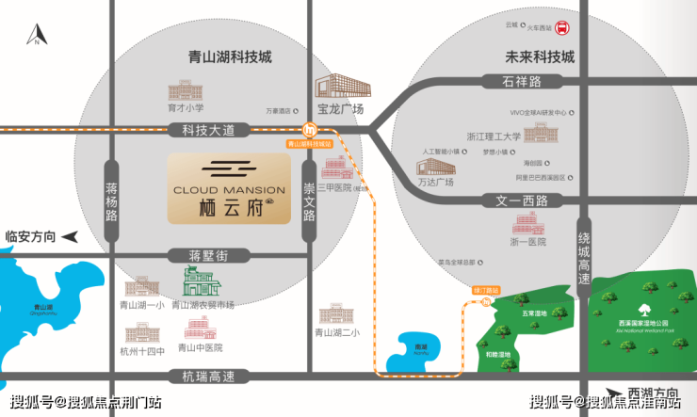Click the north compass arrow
click(36, 35)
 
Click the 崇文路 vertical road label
click(308, 200)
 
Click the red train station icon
click(562, 27)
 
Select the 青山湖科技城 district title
click(229, 56)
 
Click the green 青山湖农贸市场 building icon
click(201, 281)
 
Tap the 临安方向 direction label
click(31, 235)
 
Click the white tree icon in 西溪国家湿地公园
click(645, 310)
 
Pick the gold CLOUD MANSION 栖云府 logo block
click(230, 188)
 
